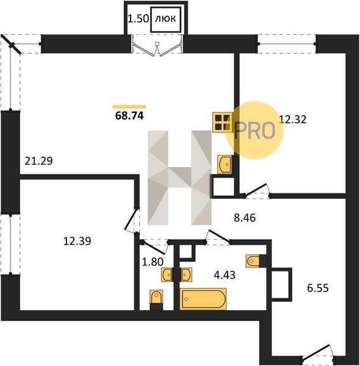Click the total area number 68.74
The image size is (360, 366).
coord(129,116)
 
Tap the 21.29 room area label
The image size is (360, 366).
coord(39,161)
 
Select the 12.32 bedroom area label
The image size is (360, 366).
coord(293,120)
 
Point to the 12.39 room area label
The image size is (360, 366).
coord(77,241)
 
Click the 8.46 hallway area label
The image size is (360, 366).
coord(245,218)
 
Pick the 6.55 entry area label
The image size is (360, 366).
coord(318,289)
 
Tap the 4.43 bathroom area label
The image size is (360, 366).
coord(225,275)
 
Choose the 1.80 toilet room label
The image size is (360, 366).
coord(153,262)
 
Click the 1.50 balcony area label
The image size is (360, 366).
coord(139,19)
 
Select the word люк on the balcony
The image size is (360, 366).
coord(165,18)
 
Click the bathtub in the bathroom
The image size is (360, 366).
coord(203,299)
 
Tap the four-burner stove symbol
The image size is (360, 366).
coord(222,123)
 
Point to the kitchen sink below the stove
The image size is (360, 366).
coord(225,165)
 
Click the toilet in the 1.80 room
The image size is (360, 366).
coord(156,300)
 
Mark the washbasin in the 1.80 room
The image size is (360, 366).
coord(167,274)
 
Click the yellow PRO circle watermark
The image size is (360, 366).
coord(254,131)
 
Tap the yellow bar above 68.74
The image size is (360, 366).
coord(129,107)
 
